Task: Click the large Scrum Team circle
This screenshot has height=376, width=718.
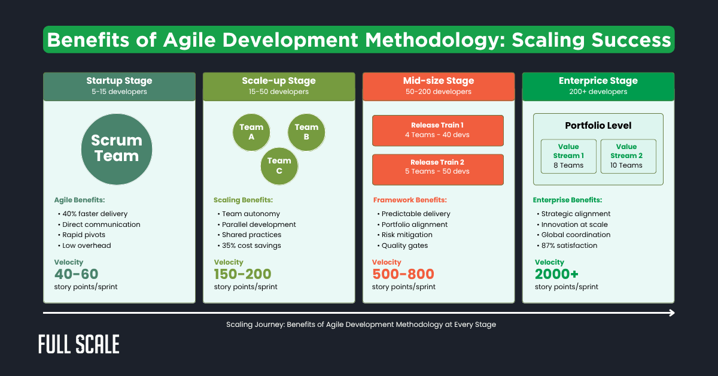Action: point(117,148)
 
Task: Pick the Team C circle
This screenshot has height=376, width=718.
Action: point(279,166)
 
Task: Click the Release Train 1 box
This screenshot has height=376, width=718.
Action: point(437,131)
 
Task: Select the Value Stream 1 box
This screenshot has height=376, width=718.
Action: point(568,156)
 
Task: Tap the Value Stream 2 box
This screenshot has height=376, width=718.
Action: point(628,156)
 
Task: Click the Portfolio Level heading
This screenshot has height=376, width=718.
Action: point(598,126)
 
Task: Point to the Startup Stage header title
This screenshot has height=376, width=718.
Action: point(119,81)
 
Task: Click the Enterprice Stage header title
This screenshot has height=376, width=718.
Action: point(598,81)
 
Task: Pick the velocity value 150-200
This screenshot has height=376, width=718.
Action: point(242,274)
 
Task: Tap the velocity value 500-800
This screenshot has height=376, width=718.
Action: point(403,274)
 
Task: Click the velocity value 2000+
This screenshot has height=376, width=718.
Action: point(557,274)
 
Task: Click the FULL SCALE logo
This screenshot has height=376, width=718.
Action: point(79,344)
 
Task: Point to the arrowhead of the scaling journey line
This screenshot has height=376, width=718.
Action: point(672,313)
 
